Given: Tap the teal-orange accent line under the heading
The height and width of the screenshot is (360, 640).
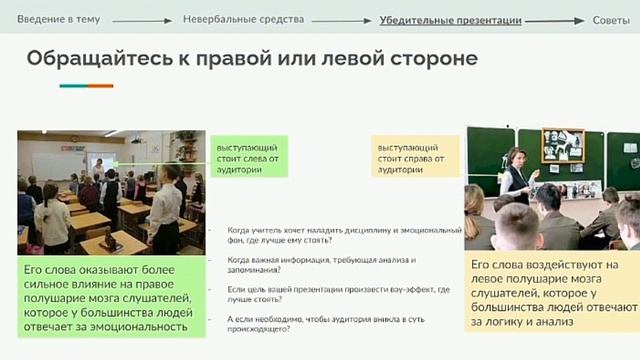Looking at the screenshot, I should [86, 86].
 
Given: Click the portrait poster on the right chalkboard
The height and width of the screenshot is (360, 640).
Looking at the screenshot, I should [562, 146].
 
